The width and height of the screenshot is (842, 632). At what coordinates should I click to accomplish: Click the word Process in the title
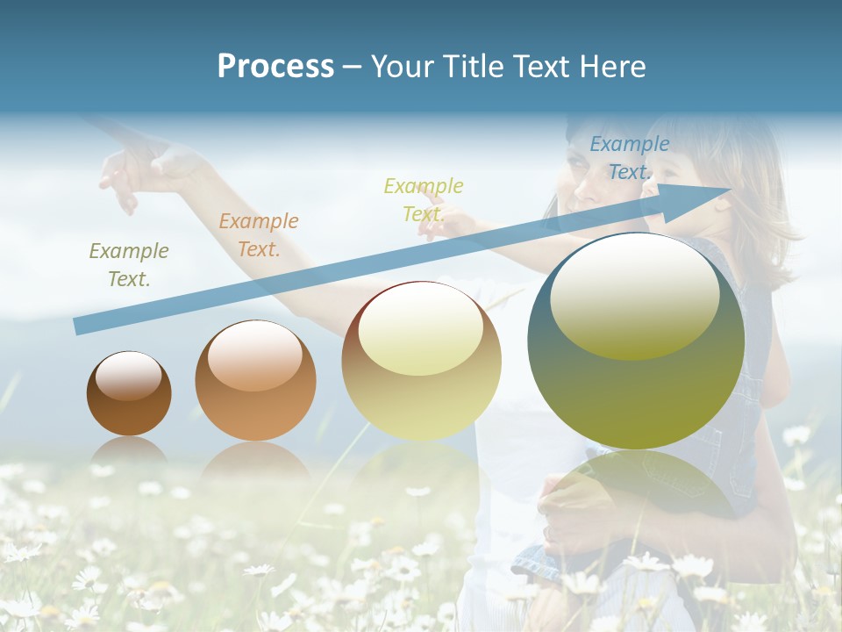pyautogui.click(x=275, y=67)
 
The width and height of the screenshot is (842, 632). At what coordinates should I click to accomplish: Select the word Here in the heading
pyautogui.click(x=611, y=67)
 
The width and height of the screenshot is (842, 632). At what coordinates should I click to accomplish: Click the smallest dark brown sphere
pyautogui.click(x=129, y=394)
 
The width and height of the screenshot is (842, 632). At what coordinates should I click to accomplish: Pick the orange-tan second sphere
pyautogui.click(x=255, y=381)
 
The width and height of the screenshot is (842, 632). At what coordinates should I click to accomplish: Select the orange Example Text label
pyautogui.click(x=259, y=235)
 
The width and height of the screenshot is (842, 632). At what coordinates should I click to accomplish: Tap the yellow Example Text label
pyautogui.click(x=424, y=199)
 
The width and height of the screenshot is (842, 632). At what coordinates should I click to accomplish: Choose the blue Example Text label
pyautogui.click(x=629, y=158)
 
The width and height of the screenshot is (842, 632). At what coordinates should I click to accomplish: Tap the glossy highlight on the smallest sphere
pyautogui.click(x=129, y=376)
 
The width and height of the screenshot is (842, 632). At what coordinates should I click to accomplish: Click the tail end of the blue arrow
pyautogui.click(x=78, y=327)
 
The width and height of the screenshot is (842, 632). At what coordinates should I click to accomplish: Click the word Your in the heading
pyautogui.click(x=402, y=67)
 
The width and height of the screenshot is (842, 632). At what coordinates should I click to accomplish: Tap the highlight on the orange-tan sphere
pyautogui.click(x=255, y=355)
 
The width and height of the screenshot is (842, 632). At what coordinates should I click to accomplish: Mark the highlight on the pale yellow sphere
pyautogui.click(x=421, y=328)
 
